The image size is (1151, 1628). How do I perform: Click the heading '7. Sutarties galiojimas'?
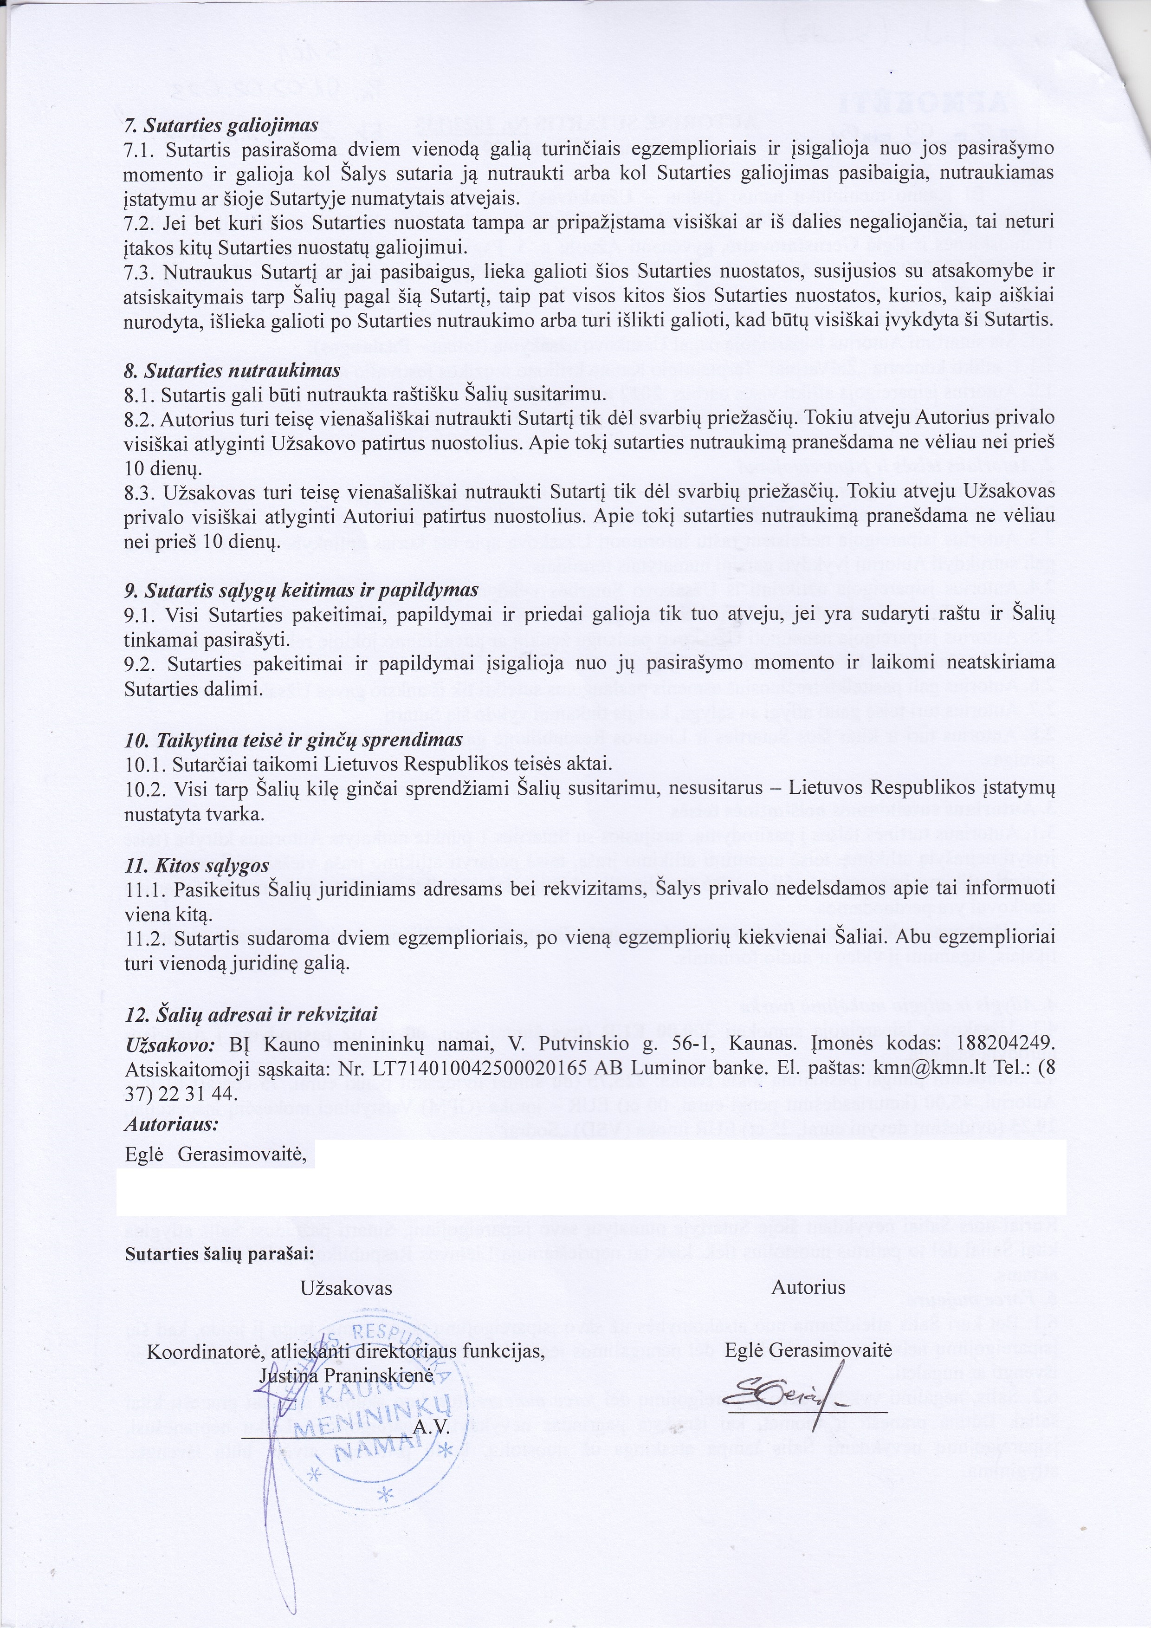pyautogui.click(x=220, y=125)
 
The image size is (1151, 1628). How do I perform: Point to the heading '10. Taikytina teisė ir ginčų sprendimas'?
pyautogui.click(x=293, y=740)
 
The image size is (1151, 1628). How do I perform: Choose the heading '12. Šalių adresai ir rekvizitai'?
pyautogui.click(x=251, y=1015)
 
